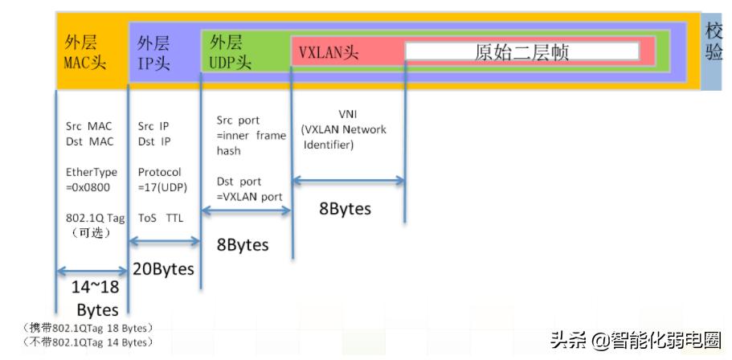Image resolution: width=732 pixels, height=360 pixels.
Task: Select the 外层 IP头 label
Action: coord(153,53)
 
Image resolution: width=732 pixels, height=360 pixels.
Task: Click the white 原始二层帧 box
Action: coord(521,52)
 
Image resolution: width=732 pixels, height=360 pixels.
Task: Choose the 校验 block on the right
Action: coord(714,42)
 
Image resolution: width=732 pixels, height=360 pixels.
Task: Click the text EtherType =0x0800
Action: coord(91,179)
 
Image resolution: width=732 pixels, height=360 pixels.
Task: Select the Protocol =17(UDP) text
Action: coord(160,179)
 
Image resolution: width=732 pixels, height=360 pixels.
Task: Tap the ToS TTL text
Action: coord(160,218)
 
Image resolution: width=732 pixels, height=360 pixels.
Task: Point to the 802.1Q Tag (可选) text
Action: coord(91,225)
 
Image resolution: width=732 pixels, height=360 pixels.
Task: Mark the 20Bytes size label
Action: coord(163,269)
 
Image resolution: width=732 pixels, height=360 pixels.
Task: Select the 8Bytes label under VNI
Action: coord(346,209)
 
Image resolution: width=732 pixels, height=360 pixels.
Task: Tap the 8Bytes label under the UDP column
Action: coord(242,244)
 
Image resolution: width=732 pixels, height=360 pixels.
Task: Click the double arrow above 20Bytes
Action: coord(164,240)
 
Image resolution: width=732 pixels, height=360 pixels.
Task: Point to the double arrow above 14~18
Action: coord(91,271)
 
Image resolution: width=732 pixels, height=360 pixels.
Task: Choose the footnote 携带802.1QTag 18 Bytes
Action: coord(88,328)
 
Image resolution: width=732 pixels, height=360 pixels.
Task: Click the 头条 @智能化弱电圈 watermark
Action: coord(636,340)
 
